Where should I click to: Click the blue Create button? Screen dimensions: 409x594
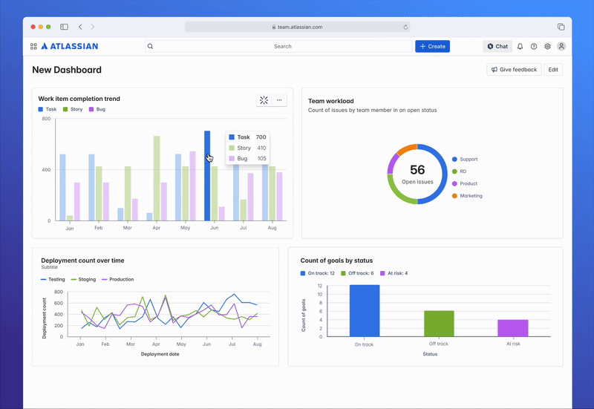coord(432,46)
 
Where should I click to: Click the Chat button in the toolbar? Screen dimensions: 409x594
coord(497,46)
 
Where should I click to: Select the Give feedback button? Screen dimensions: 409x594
coord(514,70)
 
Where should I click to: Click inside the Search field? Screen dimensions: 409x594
coord(282,46)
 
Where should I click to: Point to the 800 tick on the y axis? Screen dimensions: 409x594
coord(46,119)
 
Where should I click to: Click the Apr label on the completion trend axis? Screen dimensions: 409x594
coord(156,228)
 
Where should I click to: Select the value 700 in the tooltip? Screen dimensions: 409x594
coord(261,137)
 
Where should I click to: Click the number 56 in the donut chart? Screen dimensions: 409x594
coord(417,170)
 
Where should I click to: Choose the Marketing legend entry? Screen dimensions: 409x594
coord(470,196)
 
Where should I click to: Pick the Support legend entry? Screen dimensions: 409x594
coord(468,160)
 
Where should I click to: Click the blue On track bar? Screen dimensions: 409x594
coord(365,310)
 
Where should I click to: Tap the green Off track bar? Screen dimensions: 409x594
coord(439,323)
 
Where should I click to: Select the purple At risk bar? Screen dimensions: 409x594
coord(512,327)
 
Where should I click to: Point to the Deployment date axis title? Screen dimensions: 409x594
coord(160,354)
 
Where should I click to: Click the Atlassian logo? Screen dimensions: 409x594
coord(69,46)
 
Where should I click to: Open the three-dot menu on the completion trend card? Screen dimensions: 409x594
coord(279,99)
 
